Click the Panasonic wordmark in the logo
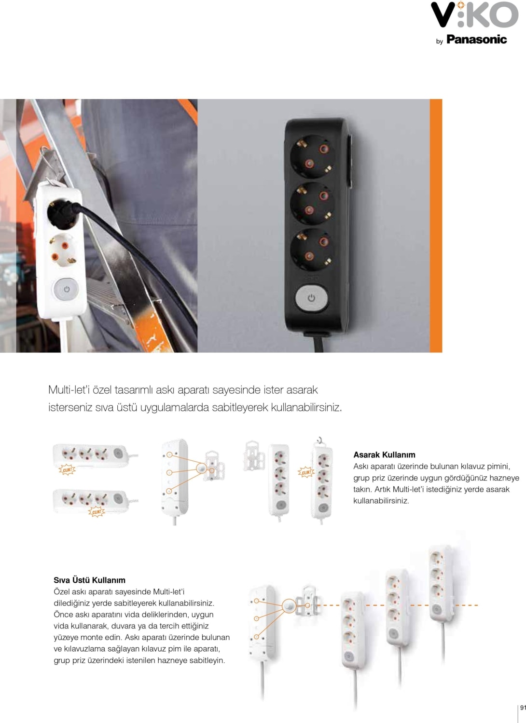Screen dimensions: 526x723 pyautogui.click(x=477, y=40)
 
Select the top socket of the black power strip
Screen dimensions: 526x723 pyautogui.click(x=311, y=157)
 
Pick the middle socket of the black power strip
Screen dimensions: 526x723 pyautogui.click(x=311, y=204)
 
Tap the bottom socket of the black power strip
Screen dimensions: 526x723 pyautogui.click(x=311, y=250)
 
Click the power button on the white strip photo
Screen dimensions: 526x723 pyautogui.click(x=66, y=289)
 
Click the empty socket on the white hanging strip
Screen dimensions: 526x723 pyautogui.click(x=63, y=251)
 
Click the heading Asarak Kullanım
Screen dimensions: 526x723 pyautogui.click(x=384, y=455)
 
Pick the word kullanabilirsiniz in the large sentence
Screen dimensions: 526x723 pyautogui.click(x=306, y=408)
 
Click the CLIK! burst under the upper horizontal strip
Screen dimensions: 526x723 pyautogui.click(x=67, y=470)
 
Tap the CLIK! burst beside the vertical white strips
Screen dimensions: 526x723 pyautogui.click(x=305, y=472)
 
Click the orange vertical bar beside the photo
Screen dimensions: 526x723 pyautogui.click(x=436, y=226)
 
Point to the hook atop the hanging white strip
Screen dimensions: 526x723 pyautogui.click(x=320, y=440)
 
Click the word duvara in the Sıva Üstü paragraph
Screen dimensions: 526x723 pyautogui.click(x=124, y=626)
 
